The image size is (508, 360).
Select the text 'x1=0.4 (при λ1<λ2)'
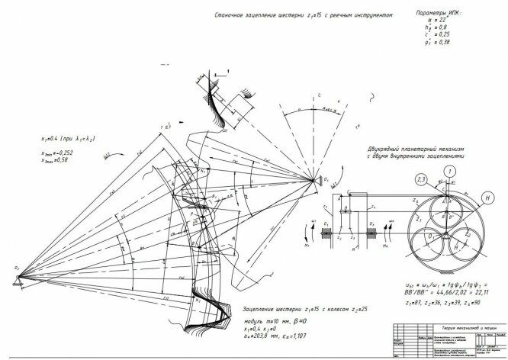pos(73,140)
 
